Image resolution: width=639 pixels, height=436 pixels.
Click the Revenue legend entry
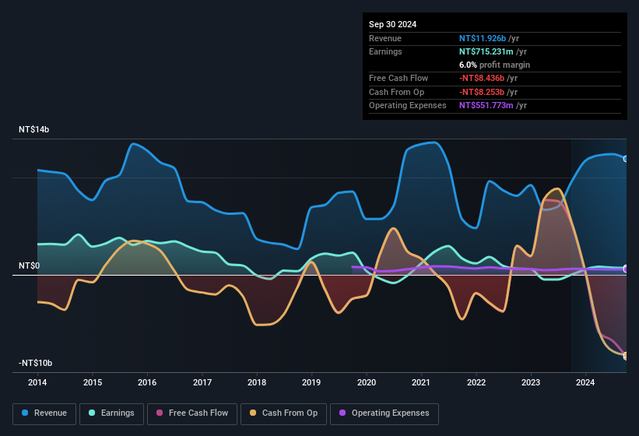44,413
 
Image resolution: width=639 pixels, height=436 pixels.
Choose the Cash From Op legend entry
285,413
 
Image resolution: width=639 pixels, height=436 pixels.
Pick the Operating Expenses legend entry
384,413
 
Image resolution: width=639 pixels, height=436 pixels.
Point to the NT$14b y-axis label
34,129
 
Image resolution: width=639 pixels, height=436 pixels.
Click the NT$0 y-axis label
29,266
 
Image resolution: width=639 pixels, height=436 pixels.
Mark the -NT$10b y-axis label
36,364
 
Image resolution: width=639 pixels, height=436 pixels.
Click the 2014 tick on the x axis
37,382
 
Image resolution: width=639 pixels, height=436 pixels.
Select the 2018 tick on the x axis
257,382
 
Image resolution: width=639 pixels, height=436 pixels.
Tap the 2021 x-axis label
421,382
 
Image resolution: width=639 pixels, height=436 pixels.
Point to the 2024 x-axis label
585,382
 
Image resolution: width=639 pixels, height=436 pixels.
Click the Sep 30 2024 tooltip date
393,24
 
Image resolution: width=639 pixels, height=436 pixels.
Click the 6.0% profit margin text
494,65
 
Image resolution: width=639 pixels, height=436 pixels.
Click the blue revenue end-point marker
625,159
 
